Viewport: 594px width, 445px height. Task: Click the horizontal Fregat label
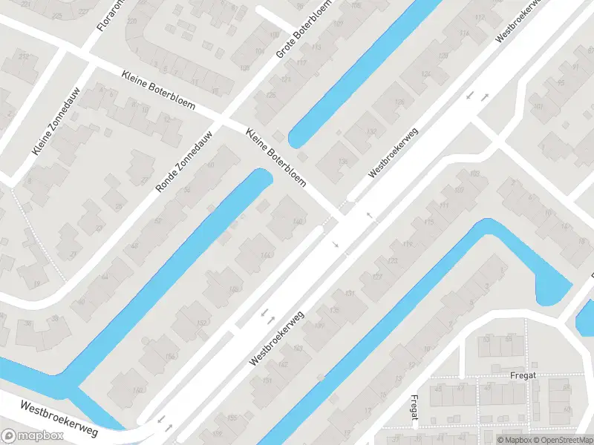click(518, 375)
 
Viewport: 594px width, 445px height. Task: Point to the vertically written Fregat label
click(414, 411)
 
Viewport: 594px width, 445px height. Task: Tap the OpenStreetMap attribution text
click(564, 440)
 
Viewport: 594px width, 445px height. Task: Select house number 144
click(265, 255)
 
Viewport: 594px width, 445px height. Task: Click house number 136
click(342, 162)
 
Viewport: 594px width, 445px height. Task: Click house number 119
click(407, 243)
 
